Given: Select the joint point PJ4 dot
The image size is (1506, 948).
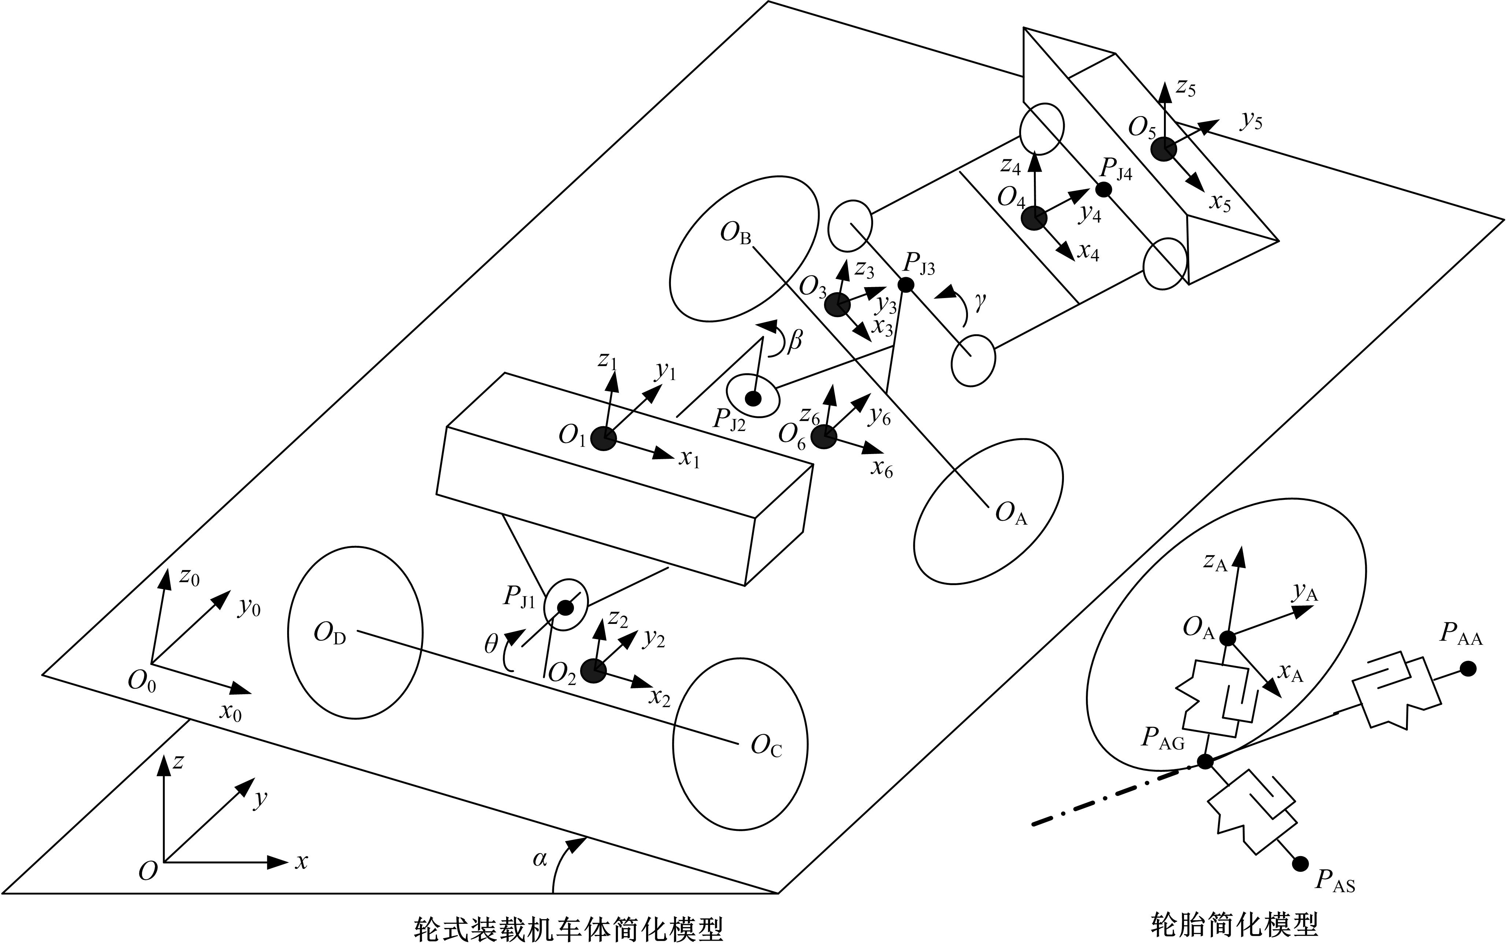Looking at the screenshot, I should click(1104, 189).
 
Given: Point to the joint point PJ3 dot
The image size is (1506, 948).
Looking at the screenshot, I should click(906, 285).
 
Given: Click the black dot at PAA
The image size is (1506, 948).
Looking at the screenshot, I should click(1469, 669).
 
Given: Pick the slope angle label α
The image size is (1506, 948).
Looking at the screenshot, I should click(540, 860).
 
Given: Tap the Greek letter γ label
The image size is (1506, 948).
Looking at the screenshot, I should click(980, 303).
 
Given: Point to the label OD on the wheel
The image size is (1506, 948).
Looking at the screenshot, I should click(330, 634).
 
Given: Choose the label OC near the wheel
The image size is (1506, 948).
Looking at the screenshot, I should click(766, 746).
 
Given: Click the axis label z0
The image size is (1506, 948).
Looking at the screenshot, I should click(189, 577).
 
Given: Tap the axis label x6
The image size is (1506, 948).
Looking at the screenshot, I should click(882, 468).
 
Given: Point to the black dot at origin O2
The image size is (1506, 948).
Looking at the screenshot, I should click(593, 670).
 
